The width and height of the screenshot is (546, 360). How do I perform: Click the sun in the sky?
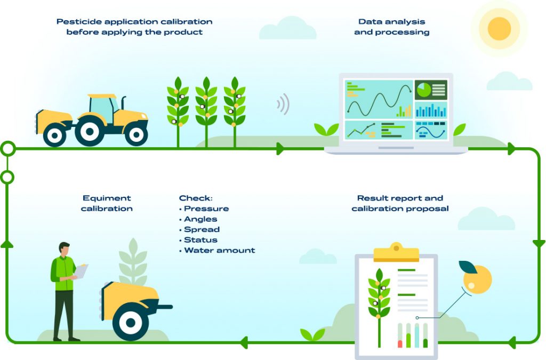click(x=499, y=28)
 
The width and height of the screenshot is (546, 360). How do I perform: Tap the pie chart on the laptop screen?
click(x=423, y=90)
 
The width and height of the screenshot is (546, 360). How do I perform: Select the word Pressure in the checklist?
click(x=206, y=209)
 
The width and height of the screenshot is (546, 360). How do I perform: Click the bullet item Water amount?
click(x=219, y=250)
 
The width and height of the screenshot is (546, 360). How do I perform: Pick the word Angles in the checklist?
click(x=200, y=219)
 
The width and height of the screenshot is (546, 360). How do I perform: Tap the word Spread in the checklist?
click(x=202, y=229)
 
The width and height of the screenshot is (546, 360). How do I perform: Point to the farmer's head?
click(x=64, y=249)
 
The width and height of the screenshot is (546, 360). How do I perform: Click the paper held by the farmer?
click(x=81, y=271)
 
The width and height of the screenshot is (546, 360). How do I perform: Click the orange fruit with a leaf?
click(x=477, y=278)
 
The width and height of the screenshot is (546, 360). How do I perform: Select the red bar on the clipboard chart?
click(x=400, y=343)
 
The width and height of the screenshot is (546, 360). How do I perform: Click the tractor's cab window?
click(x=102, y=109)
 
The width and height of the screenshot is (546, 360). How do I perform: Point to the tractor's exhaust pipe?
click(x=124, y=102)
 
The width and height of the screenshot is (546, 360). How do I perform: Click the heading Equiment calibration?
click(x=107, y=203)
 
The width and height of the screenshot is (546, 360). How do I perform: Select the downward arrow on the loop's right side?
click(x=539, y=244)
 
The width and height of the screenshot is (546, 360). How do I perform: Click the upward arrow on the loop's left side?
click(x=7, y=243)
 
